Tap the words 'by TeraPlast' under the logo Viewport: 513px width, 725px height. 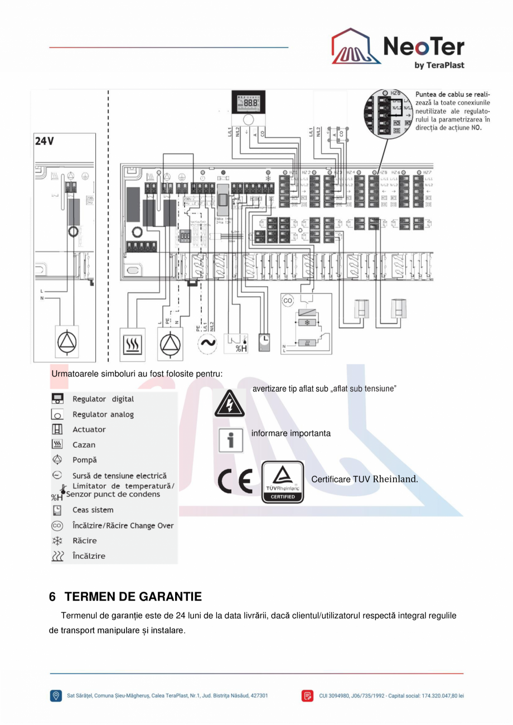[x=439, y=65]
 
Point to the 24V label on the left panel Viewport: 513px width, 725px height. [x=45, y=141]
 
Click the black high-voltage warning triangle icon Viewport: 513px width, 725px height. [x=229, y=405]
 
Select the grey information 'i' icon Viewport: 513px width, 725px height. [x=230, y=441]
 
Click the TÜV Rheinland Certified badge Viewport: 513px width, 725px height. [x=283, y=482]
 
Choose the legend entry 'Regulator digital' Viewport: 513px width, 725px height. [x=103, y=399]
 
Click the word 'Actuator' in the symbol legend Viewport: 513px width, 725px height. [x=89, y=429]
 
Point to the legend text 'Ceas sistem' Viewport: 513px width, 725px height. [x=93, y=510]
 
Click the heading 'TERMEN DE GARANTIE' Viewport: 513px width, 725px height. [x=133, y=597]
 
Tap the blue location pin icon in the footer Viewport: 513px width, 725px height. [x=56, y=695]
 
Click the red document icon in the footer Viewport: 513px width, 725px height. [x=308, y=695]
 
